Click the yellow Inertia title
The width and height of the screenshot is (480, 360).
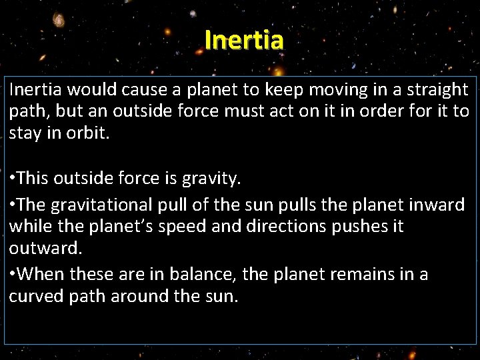click(x=244, y=39)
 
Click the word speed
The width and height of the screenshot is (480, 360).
click(x=208, y=227)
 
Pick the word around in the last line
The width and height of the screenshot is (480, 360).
click(x=139, y=297)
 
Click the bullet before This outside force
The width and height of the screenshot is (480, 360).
click(x=13, y=179)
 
